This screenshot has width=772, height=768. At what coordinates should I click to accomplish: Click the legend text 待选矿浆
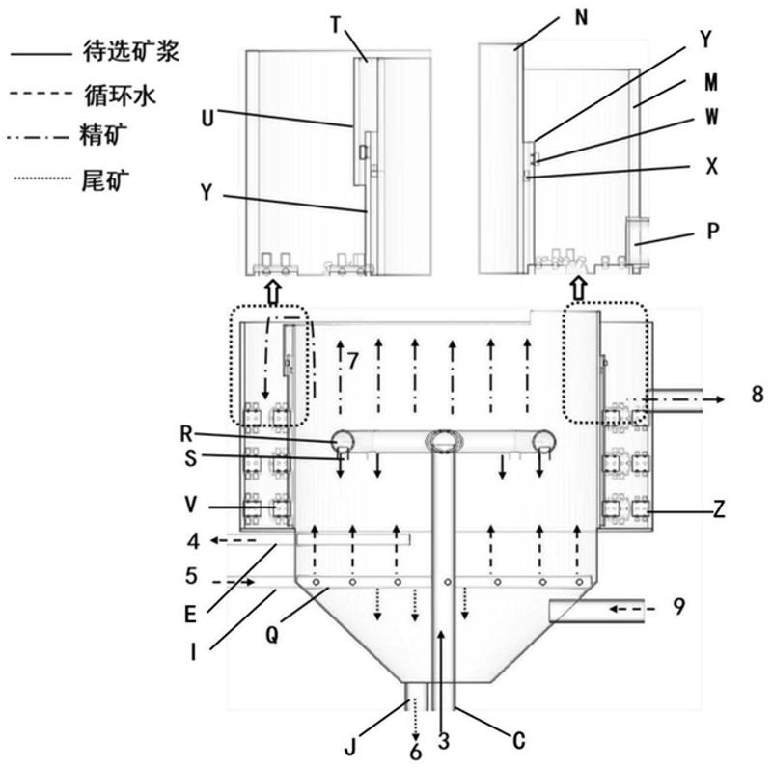click(131, 52)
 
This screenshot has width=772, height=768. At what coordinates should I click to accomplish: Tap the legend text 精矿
click(103, 135)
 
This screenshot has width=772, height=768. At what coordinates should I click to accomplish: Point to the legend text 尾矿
click(105, 180)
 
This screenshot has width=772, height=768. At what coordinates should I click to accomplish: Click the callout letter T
click(336, 25)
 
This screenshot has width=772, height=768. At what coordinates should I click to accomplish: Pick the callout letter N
click(582, 17)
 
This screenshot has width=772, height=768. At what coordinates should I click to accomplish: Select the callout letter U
click(207, 119)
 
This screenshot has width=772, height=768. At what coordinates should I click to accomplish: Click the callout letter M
click(711, 82)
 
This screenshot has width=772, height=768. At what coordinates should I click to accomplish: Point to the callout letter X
click(712, 166)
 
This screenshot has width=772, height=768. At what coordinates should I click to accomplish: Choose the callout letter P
click(713, 231)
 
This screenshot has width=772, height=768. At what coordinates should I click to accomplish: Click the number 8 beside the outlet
click(758, 395)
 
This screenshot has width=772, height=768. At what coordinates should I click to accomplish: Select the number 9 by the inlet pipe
click(679, 607)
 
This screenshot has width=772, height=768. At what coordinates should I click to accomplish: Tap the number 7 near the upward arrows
click(352, 362)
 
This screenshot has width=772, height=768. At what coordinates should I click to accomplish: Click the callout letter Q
click(272, 635)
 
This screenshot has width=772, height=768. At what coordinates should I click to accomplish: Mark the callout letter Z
click(719, 510)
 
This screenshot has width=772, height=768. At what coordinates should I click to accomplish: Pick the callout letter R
click(186, 434)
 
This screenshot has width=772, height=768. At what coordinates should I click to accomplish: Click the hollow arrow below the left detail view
click(273, 292)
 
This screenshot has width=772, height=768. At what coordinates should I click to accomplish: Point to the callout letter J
click(350, 749)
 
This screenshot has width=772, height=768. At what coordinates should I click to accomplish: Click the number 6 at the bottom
click(416, 752)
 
